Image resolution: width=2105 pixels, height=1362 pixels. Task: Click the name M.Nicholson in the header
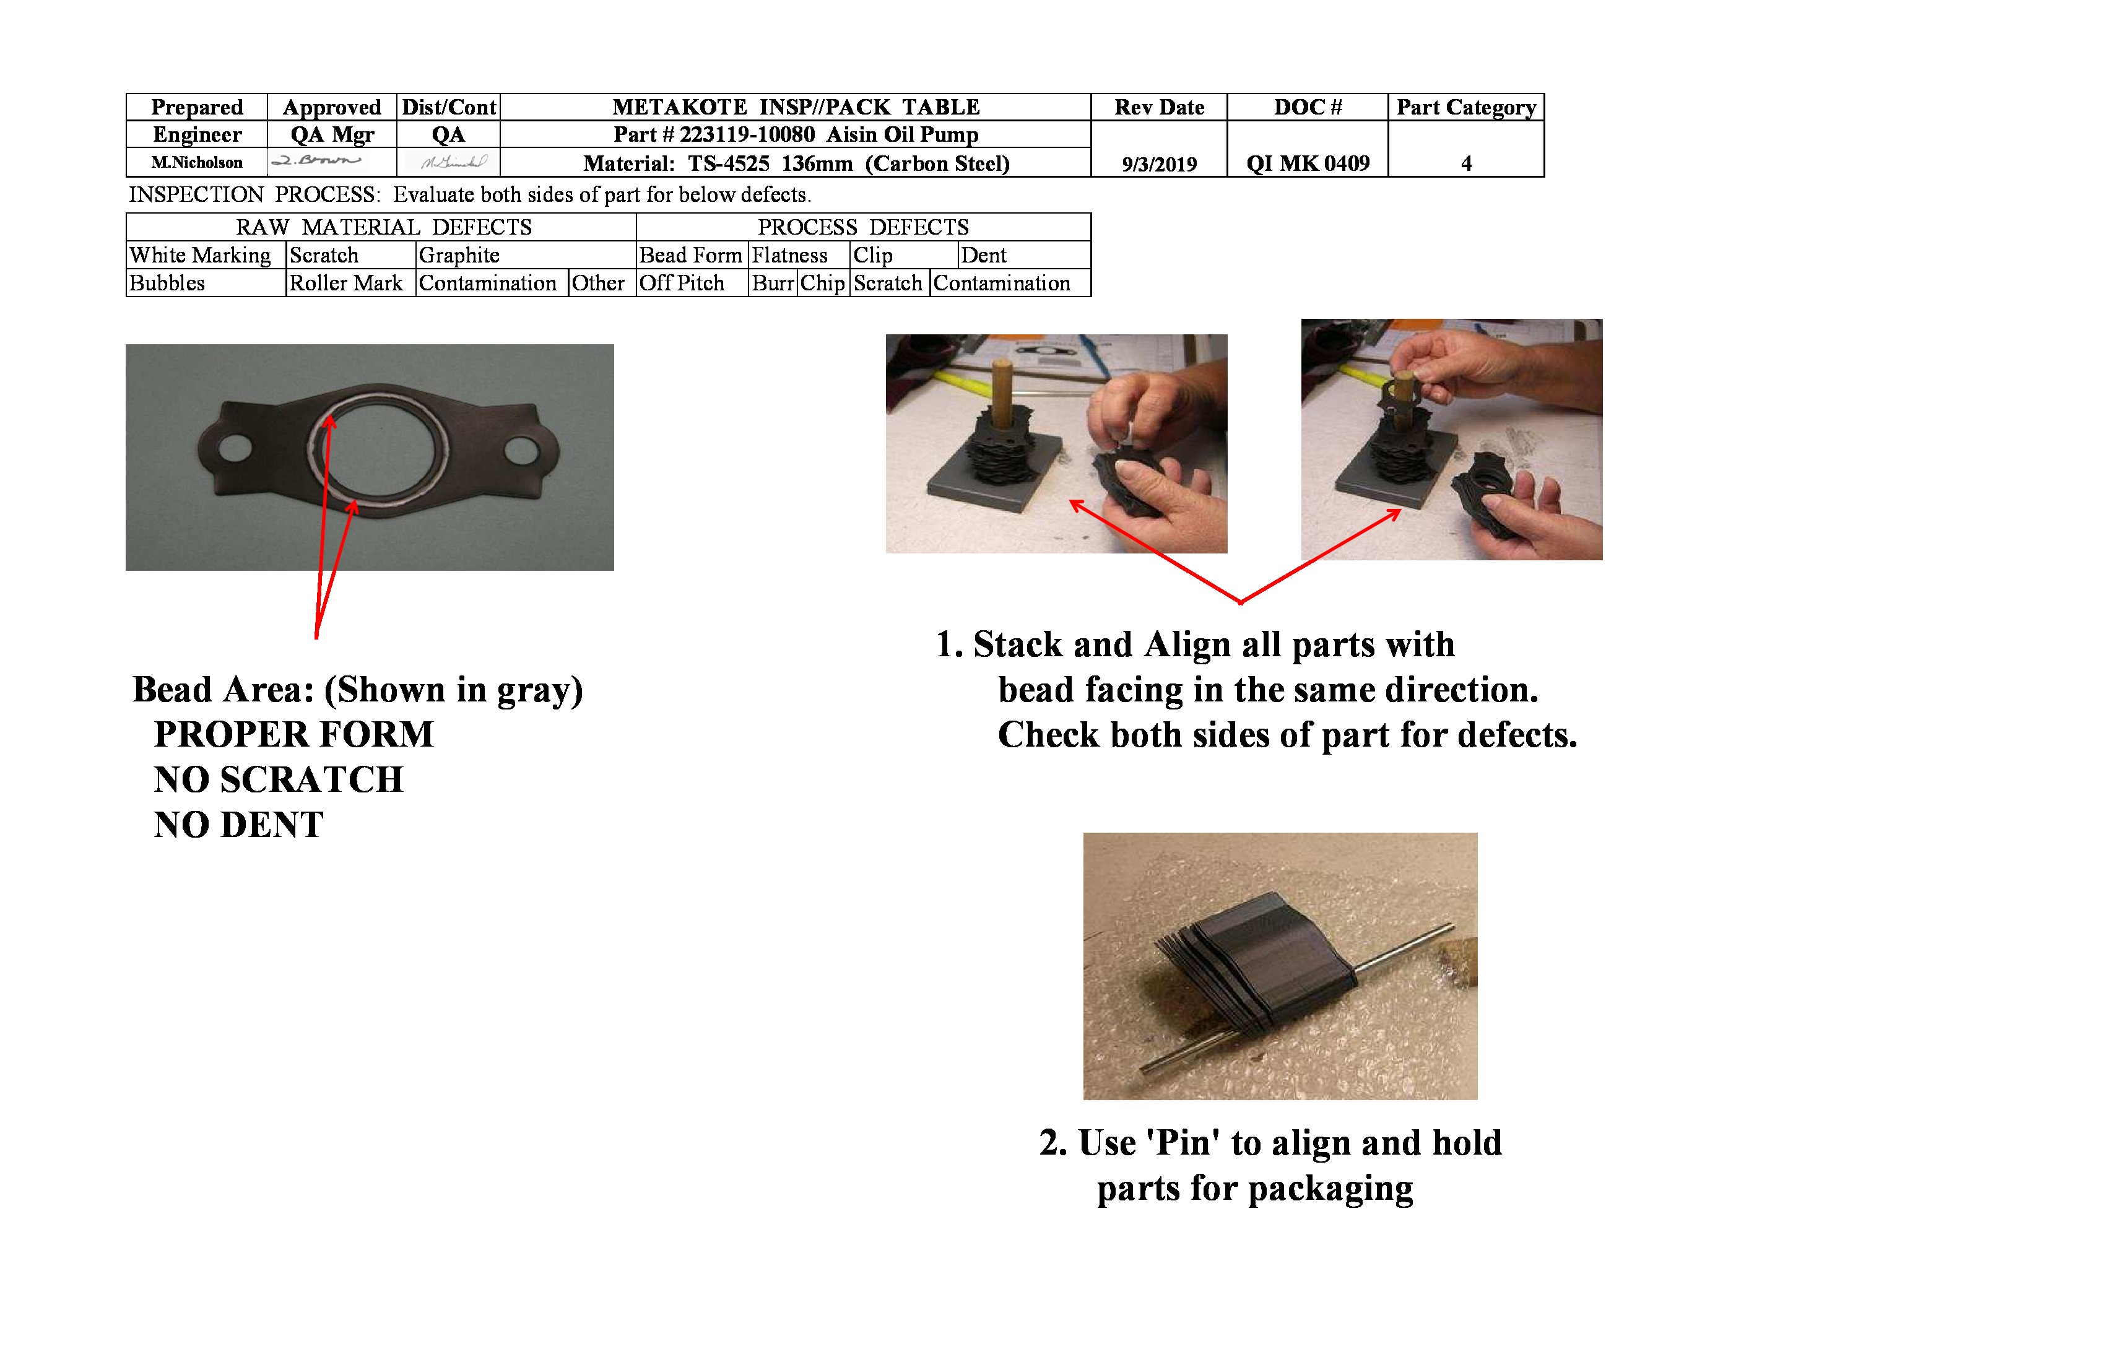point(196,163)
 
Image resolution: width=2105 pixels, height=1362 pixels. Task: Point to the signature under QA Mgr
point(316,161)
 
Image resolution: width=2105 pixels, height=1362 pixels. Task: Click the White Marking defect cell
point(201,256)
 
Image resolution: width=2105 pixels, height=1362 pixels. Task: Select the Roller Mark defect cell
point(346,284)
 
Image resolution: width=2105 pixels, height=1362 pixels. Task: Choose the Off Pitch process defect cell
point(682,284)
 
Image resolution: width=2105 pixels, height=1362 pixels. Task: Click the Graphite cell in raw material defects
point(460,256)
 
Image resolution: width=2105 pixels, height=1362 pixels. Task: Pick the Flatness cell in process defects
point(790,256)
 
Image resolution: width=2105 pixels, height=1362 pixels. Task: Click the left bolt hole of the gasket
point(235,448)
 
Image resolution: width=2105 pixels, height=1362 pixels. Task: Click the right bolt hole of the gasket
point(521,452)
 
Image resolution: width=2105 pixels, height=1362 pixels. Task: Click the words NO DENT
point(239,825)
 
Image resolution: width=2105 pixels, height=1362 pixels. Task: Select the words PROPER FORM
point(293,735)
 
